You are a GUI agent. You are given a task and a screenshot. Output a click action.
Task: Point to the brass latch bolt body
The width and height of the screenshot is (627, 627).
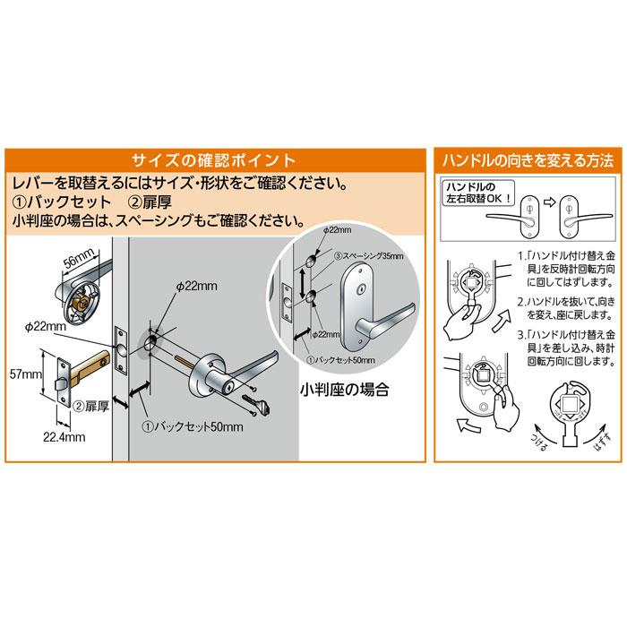85,366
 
